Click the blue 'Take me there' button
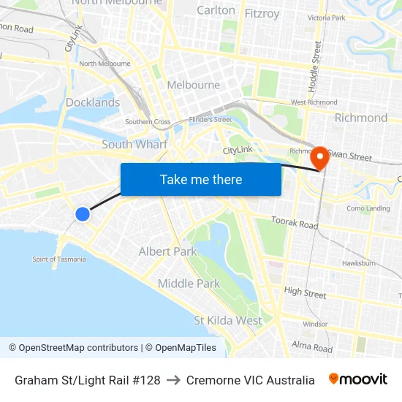click(201, 179)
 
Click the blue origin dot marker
click(83, 213)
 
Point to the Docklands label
click(93, 102)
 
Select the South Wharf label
click(134, 144)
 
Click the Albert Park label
click(167, 251)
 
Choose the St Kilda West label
click(227, 320)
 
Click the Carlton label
click(216, 10)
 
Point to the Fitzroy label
click(262, 13)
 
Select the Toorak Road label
click(295, 222)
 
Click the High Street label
click(305, 292)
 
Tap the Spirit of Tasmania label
click(59, 259)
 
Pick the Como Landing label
click(368, 208)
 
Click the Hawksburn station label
click(358, 263)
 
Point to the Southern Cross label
click(148, 121)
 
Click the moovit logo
click(357, 379)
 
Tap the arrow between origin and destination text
click(173, 380)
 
